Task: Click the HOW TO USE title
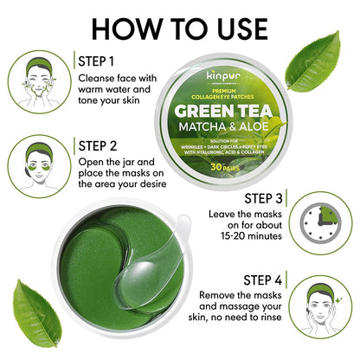point(180,26)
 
